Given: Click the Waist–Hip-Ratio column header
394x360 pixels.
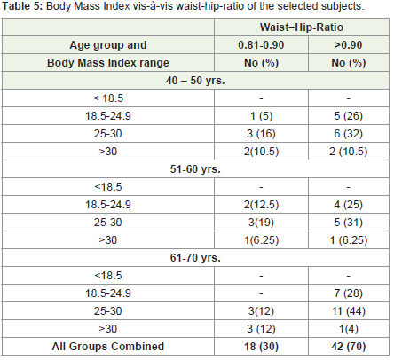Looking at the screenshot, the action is pyautogui.click(x=302, y=27).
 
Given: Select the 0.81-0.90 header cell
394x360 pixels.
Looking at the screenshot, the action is pyautogui.click(x=261, y=45).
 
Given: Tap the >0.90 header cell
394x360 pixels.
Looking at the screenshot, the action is pyautogui.click(x=348, y=45).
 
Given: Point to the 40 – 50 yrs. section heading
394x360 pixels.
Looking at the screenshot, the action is pyautogui.click(x=195, y=81).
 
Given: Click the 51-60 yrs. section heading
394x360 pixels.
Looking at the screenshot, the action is pyautogui.click(x=195, y=169).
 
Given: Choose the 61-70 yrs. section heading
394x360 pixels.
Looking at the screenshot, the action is pyautogui.click(x=195, y=258).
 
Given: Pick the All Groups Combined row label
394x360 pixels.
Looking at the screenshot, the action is pyautogui.click(x=108, y=347).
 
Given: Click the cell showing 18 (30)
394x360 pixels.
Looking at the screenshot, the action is pyautogui.click(x=261, y=347).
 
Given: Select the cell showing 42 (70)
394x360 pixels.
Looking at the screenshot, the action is pyautogui.click(x=349, y=347).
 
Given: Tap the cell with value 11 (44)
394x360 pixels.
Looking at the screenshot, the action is pyautogui.click(x=349, y=311).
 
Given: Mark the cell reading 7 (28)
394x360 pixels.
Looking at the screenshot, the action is pyautogui.click(x=349, y=293).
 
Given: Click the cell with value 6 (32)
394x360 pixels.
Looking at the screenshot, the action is pyautogui.click(x=349, y=134).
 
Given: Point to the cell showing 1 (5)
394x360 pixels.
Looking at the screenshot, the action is pyautogui.click(x=261, y=116).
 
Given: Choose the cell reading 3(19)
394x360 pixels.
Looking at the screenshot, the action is pyautogui.click(x=261, y=223).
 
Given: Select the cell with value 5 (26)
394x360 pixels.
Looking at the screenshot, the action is pyautogui.click(x=349, y=116).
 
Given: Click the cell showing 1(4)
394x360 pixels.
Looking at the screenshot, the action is pyautogui.click(x=349, y=329).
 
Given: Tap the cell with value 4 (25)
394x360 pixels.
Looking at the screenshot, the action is pyautogui.click(x=349, y=205).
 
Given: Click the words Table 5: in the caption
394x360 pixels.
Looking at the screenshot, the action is pyautogui.click(x=23, y=6).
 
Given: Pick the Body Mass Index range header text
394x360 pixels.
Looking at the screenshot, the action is pyautogui.click(x=108, y=63).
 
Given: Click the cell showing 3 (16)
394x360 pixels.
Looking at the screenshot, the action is pyautogui.click(x=261, y=134).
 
